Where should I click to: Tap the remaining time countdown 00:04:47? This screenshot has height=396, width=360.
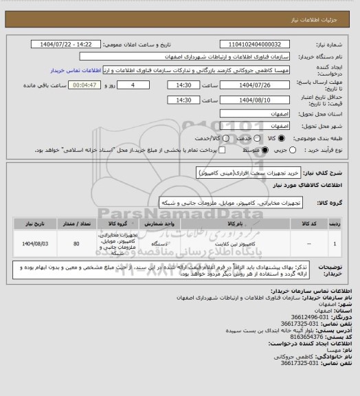(84, 85)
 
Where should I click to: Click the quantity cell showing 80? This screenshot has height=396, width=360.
(76, 243)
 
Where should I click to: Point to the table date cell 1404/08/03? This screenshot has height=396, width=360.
(34, 243)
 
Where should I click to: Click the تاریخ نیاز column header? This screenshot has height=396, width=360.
(34, 223)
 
